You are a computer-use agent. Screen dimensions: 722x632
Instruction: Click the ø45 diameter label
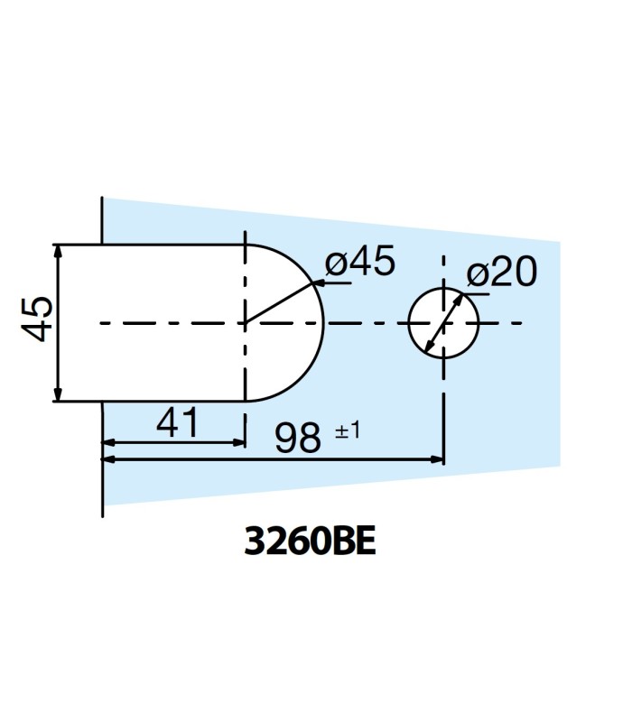pos(359,263)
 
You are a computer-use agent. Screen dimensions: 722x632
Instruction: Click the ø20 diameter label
pos(502,273)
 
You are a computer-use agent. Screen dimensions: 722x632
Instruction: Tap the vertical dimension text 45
pos(36,321)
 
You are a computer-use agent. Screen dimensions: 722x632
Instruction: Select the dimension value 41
pos(177,423)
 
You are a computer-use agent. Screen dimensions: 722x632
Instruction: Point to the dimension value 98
pos(299,440)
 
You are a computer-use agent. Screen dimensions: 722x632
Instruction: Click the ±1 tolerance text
pos(348,431)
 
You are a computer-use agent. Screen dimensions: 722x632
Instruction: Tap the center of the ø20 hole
pos(442,322)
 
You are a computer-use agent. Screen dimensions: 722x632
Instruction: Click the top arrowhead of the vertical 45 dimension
pos(57,250)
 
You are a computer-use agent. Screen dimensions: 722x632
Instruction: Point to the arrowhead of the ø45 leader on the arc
pos(315,285)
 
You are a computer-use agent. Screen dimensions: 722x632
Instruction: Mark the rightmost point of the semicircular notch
pos(323,322)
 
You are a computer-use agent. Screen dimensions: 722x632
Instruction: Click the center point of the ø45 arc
pos(245,322)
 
